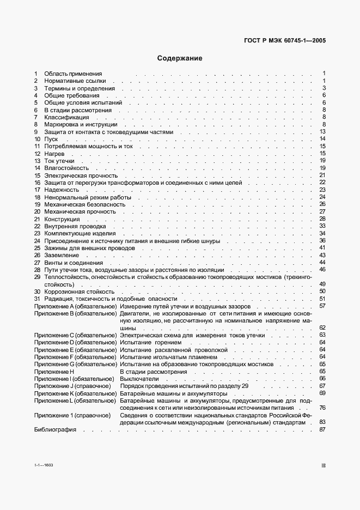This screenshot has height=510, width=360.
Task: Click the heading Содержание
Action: point(180,58)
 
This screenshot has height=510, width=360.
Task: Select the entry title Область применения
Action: point(73,74)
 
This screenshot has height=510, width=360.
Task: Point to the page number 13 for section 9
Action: point(322,132)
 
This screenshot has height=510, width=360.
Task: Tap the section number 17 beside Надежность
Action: point(37,190)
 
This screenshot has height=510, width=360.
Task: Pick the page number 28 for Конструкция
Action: point(322,218)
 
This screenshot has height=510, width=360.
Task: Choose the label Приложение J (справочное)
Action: point(73,386)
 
